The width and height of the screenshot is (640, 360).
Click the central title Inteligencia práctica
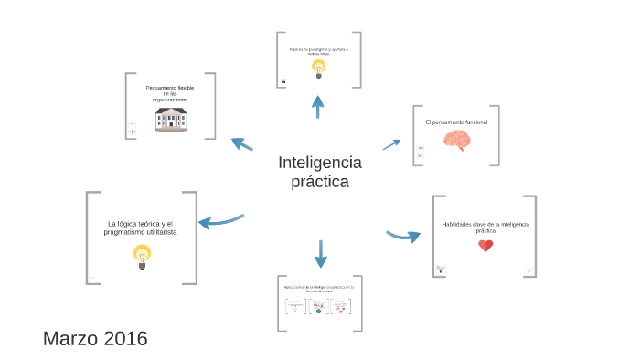[320, 172]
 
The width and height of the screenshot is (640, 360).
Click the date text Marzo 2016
[95, 339]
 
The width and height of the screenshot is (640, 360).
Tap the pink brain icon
[456, 140]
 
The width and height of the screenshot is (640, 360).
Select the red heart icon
[485, 246]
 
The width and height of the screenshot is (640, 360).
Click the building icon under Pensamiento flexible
[171, 120]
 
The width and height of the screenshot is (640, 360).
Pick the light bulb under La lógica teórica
[142, 255]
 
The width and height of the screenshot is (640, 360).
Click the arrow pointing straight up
[318, 106]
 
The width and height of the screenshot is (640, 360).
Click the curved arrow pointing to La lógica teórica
[220, 220]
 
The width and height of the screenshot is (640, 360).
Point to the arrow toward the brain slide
[391, 144]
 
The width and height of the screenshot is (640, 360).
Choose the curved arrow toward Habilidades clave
[403, 236]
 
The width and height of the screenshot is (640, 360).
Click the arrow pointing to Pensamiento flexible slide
[242, 143]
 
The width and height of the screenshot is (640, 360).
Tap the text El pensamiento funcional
[456, 122]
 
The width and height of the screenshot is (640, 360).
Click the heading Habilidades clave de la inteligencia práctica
[485, 227]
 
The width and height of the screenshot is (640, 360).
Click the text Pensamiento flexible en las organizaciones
[170, 93]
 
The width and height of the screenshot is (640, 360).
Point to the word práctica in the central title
[320, 182]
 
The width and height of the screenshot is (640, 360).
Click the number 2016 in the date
[125, 339]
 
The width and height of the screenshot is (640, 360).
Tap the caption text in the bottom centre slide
[319, 289]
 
